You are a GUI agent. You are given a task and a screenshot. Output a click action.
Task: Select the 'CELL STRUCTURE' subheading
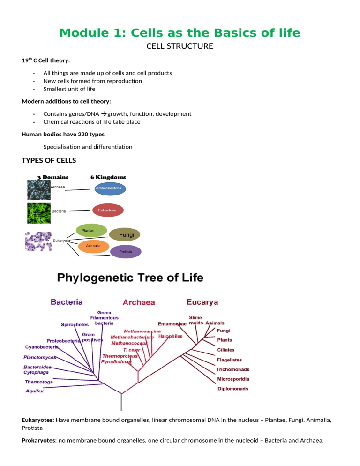180,46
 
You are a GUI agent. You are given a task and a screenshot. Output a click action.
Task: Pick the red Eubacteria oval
107,211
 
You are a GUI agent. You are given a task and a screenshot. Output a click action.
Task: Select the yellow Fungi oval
125,234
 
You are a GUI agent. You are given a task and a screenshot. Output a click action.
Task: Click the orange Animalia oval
92,246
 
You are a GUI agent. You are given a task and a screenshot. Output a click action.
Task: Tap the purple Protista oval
126,252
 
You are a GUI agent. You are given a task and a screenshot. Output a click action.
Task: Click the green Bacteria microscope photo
39,212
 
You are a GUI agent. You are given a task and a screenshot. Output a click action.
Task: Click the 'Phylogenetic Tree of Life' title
130,278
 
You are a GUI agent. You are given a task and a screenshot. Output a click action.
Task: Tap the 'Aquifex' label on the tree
34,391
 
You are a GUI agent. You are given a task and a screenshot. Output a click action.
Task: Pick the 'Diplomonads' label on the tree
233,389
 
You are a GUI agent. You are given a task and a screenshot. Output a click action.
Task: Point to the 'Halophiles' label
171,336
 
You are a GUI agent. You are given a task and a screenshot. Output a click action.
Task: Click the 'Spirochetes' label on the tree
75,324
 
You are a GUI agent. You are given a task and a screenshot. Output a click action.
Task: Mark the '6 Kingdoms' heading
108,177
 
